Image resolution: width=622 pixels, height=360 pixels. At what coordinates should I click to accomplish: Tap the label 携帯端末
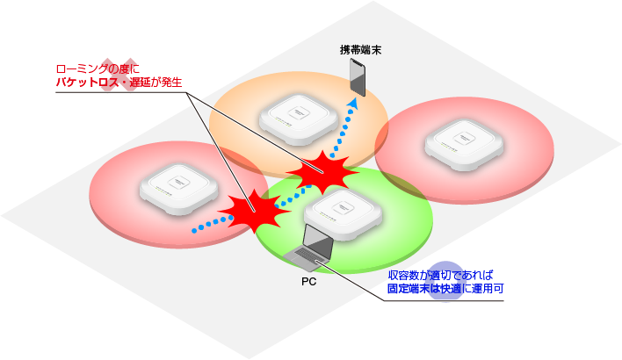pos(360,50)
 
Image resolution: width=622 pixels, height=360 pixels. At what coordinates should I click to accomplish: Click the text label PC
pos(307,283)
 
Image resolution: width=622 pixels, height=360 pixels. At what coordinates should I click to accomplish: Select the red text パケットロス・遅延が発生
pos(118,82)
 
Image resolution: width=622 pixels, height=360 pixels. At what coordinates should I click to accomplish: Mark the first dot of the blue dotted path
pos(195,231)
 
